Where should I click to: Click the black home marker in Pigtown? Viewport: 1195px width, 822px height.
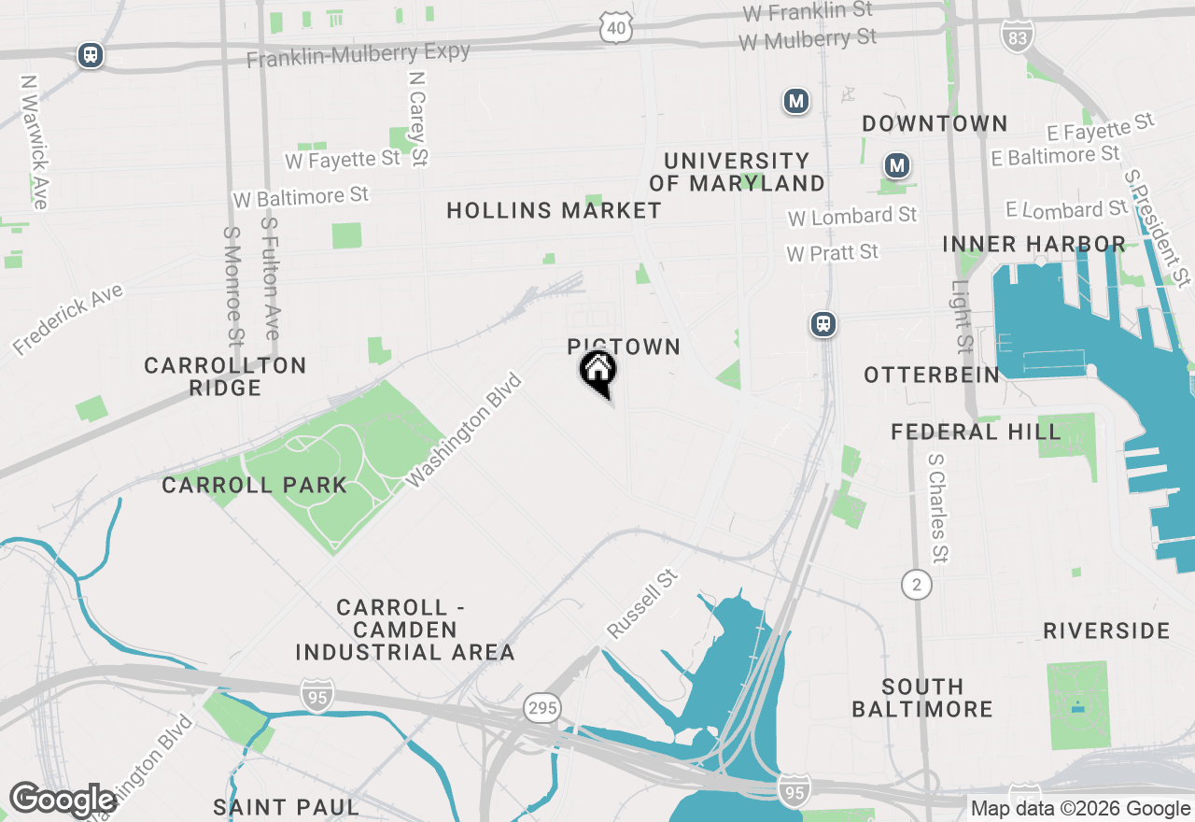pyautogui.click(x=597, y=371)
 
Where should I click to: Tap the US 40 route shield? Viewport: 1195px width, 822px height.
pyautogui.click(x=616, y=28)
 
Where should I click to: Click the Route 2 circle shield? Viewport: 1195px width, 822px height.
pyautogui.click(x=917, y=585)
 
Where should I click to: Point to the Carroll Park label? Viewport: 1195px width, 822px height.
pyautogui.click(x=254, y=485)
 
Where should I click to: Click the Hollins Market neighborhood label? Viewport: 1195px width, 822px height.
pyautogui.click(x=554, y=210)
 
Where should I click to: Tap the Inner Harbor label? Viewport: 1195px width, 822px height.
pyautogui.click(x=1033, y=244)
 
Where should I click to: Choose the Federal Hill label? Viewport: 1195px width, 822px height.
pyautogui.click(x=976, y=432)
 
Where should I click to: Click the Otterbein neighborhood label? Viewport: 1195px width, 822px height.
pyautogui.click(x=931, y=375)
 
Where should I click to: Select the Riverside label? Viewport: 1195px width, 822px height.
pyautogui.click(x=1106, y=631)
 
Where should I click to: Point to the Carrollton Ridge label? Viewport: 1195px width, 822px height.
pyautogui.click(x=225, y=376)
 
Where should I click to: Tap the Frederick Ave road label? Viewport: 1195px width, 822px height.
pyautogui.click(x=67, y=320)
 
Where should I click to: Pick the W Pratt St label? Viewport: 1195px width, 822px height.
pyautogui.click(x=832, y=252)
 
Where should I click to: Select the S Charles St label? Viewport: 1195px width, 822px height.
pyautogui.click(x=938, y=508)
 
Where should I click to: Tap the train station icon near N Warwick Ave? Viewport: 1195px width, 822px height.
pyautogui.click(x=91, y=54)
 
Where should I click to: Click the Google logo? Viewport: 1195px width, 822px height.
pyautogui.click(x=63, y=800)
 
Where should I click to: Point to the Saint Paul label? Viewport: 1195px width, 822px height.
pyautogui.click(x=286, y=806)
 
